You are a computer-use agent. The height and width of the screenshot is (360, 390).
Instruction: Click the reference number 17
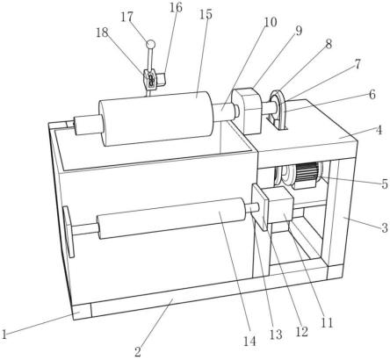(x=127, y=18)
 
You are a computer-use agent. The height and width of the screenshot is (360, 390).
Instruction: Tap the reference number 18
(x=102, y=32)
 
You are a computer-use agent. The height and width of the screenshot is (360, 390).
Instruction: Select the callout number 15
(x=206, y=14)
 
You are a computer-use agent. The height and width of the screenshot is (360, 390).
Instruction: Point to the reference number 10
(x=271, y=22)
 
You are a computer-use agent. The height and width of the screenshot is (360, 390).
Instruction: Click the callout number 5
(x=385, y=184)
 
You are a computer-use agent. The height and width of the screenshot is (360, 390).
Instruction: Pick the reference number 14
(x=249, y=342)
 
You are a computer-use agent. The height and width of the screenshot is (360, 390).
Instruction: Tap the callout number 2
(x=138, y=351)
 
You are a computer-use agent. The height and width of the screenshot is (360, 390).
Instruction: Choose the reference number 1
(x=4, y=334)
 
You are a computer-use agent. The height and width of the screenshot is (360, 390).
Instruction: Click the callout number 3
(x=385, y=227)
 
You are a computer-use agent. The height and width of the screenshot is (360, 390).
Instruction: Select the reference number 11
(x=327, y=323)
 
